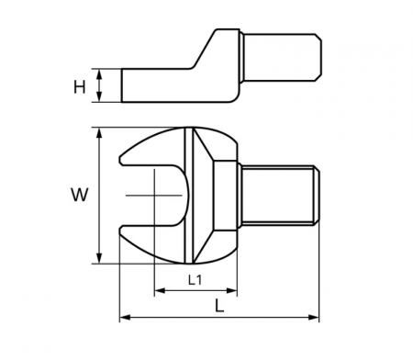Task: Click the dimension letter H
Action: tap(80, 87)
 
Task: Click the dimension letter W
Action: tap(80, 195)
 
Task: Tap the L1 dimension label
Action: tap(195, 280)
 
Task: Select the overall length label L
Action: tap(219, 305)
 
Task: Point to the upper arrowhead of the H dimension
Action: tap(99, 74)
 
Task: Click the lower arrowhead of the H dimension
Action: tap(99, 96)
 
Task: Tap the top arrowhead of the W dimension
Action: tap(99, 133)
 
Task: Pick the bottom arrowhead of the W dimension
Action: tap(99, 258)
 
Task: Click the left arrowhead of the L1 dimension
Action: tap(160, 290)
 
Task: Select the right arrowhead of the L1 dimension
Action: tap(231, 290)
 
